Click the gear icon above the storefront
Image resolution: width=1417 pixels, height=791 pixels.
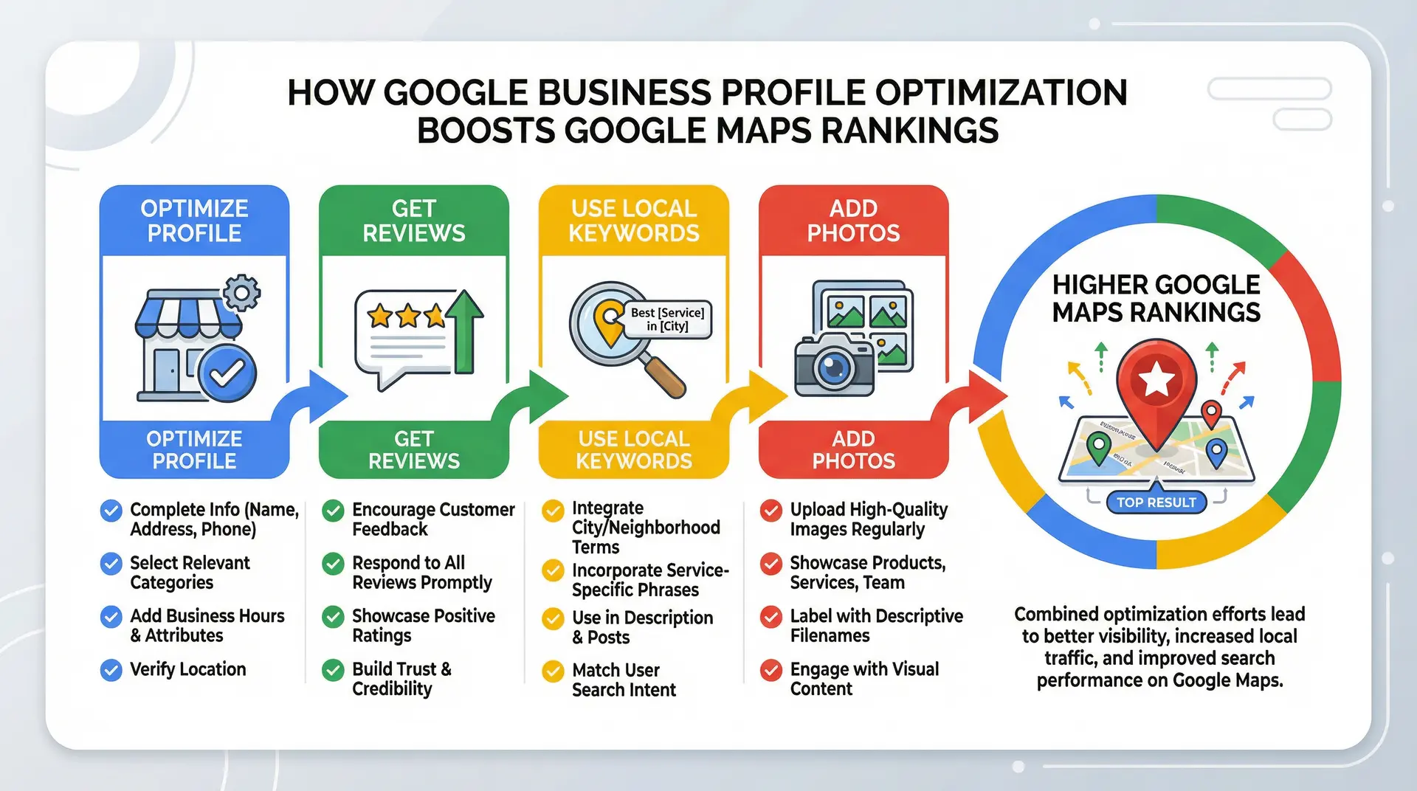point(241,293)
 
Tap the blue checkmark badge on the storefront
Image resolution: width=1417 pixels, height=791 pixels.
point(228,373)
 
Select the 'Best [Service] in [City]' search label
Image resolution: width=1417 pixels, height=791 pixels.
point(668,319)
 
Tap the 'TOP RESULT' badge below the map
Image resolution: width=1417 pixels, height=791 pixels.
point(1156,502)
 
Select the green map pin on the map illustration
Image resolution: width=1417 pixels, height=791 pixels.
point(1098,446)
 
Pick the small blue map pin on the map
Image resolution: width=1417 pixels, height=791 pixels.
point(1216,452)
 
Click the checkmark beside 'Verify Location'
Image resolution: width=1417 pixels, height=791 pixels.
point(111,670)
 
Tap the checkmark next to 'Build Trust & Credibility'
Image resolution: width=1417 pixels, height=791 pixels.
point(334,670)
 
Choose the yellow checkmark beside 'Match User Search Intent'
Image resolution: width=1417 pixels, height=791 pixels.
point(553,671)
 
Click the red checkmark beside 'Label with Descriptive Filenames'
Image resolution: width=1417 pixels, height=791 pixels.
point(771,617)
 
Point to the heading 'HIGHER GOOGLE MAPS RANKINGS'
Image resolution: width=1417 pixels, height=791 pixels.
point(1156,298)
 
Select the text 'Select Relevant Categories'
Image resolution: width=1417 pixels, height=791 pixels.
point(190,573)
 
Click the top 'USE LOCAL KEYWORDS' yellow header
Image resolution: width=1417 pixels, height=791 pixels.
point(633,221)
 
